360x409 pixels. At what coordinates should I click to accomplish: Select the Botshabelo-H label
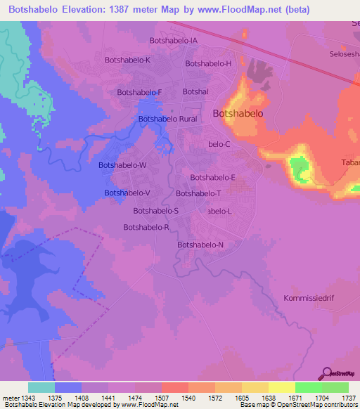tap(208, 63)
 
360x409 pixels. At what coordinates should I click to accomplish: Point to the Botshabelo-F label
tap(139, 92)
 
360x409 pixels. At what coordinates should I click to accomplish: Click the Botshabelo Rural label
tap(168, 119)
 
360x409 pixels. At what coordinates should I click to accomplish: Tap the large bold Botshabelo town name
tap(238, 113)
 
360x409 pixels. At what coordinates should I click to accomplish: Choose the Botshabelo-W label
tap(122, 164)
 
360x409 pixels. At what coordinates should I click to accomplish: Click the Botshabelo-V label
tap(127, 193)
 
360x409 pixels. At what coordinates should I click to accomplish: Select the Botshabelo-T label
tap(199, 193)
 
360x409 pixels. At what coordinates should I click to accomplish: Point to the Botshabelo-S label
tap(156, 210)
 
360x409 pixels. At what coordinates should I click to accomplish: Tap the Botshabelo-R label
tap(146, 227)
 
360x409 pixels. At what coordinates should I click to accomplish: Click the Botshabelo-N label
tap(200, 245)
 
